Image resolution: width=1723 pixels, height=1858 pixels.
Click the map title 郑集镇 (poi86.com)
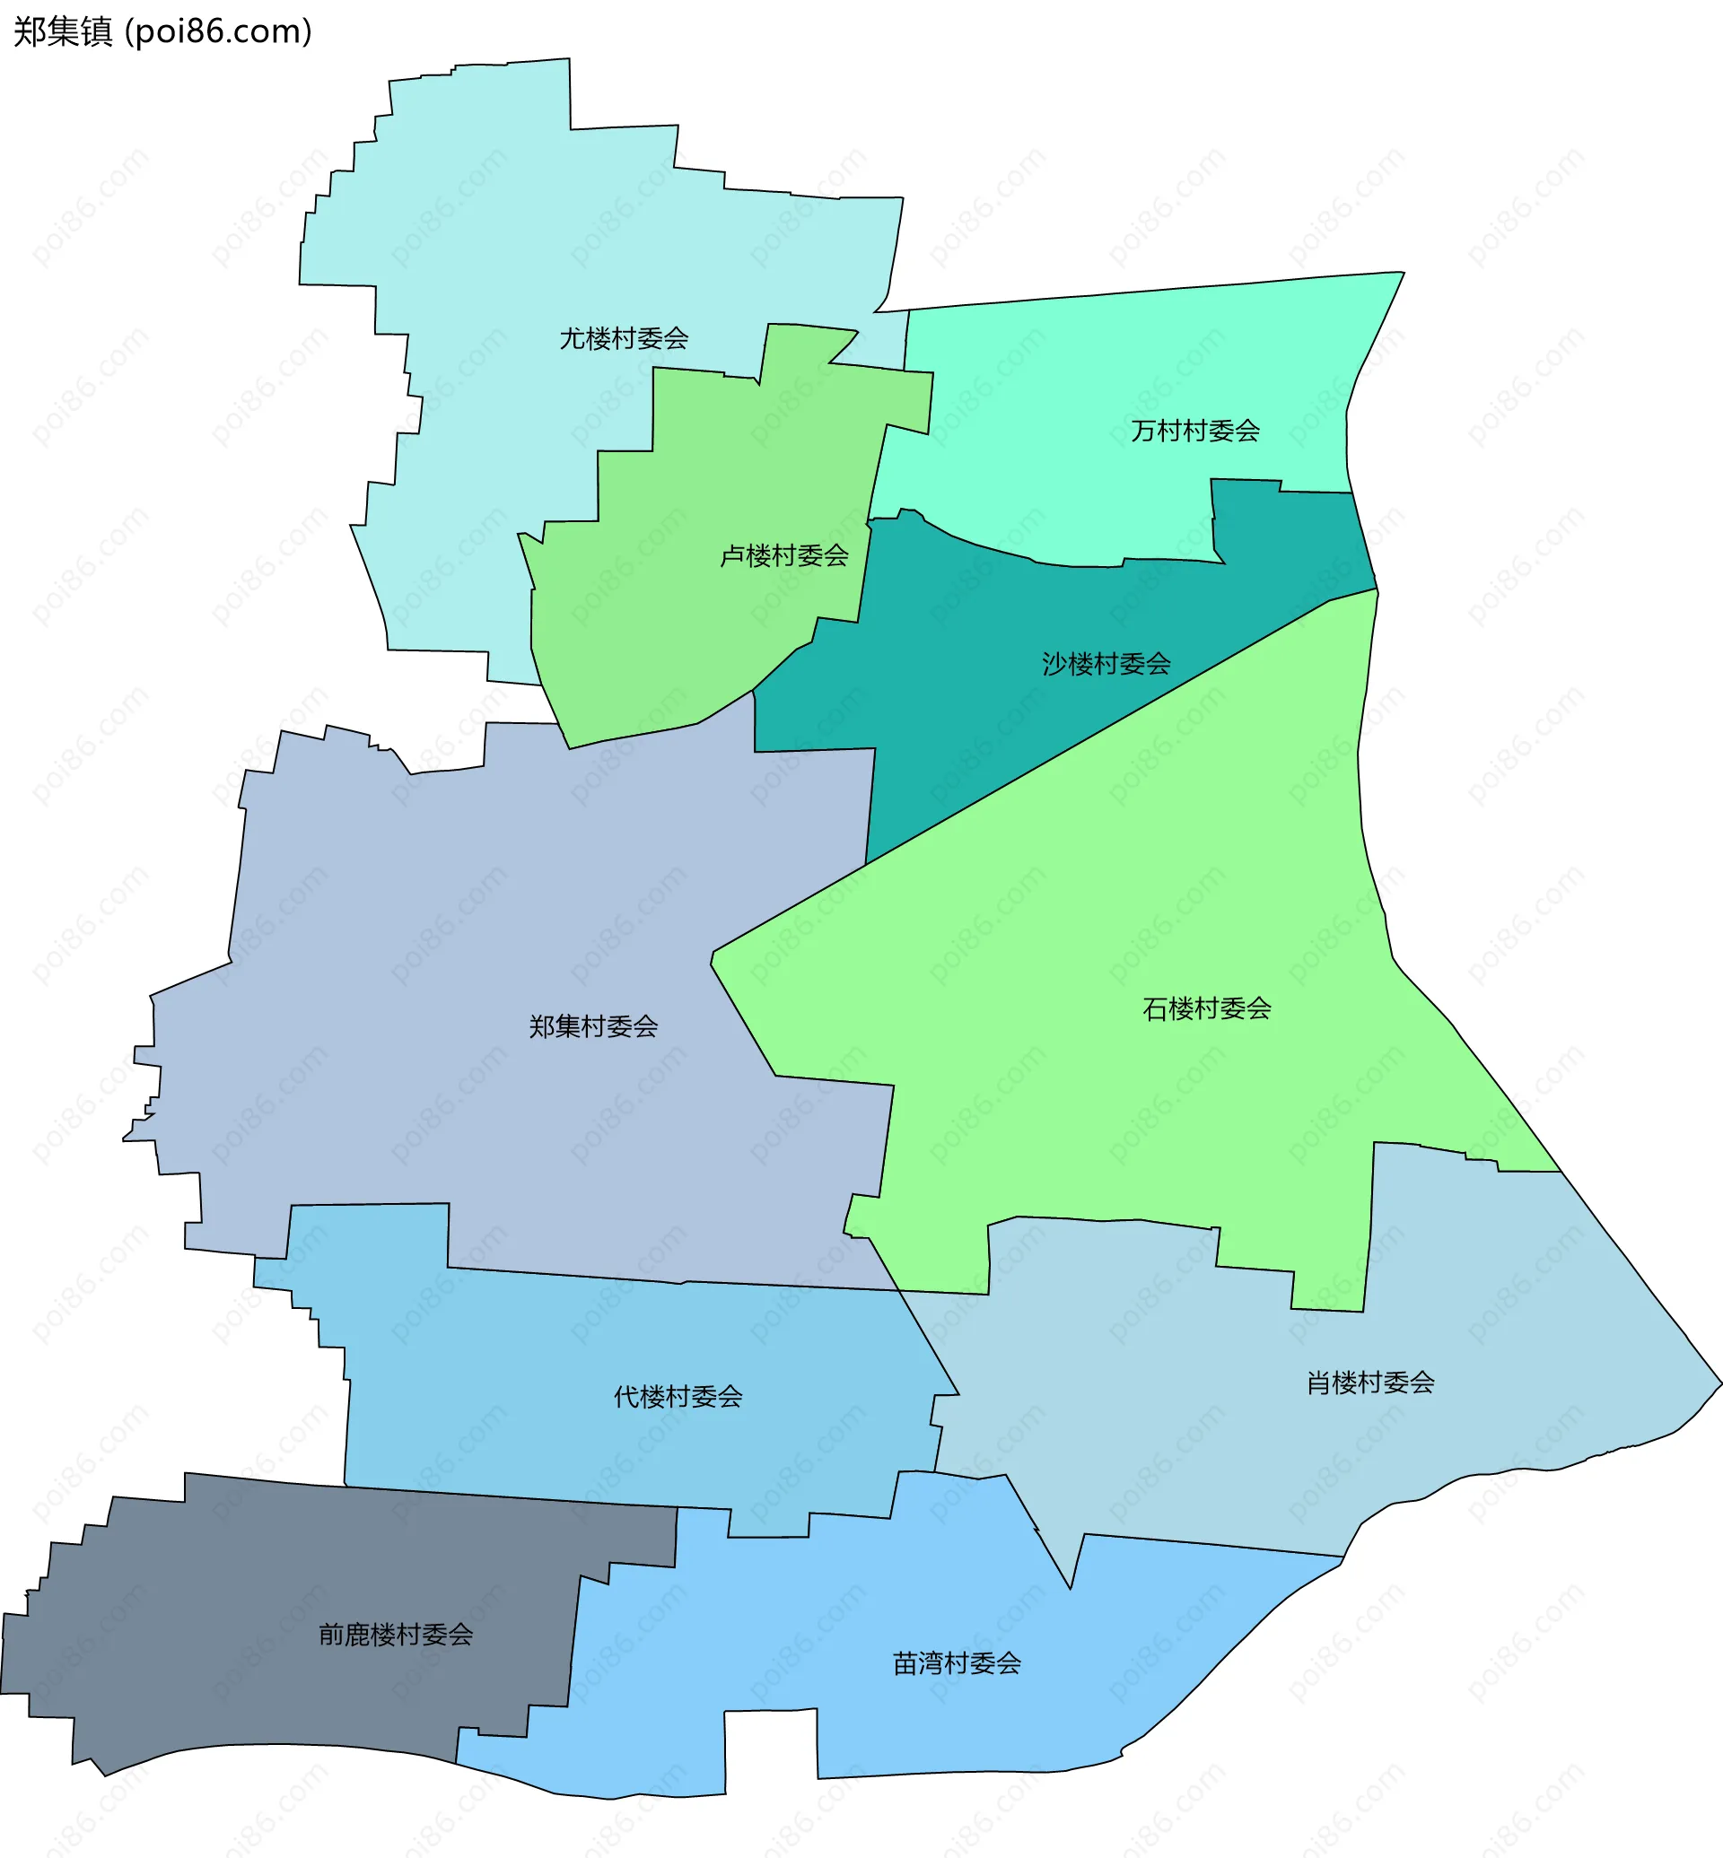tap(163, 31)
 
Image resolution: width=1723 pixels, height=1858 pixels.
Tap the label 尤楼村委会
tap(624, 338)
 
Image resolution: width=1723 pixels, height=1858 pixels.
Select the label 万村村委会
tap(1195, 431)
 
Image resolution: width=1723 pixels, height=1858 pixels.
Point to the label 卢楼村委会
tap(784, 555)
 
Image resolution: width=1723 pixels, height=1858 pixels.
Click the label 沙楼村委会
tap(1106, 664)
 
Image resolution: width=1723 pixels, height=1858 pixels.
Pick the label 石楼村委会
tap(1206, 1008)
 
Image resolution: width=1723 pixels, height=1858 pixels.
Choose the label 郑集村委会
tap(593, 1026)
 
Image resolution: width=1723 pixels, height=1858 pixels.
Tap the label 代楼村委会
tap(678, 1397)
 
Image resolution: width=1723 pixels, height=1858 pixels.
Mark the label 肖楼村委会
tap(1369, 1383)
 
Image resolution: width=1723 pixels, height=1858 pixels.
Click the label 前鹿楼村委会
tap(396, 1635)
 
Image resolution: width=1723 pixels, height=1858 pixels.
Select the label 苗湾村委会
tap(957, 1663)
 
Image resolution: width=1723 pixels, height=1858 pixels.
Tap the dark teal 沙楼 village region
tap(979, 709)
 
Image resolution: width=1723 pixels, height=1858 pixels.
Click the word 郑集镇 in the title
tap(63, 31)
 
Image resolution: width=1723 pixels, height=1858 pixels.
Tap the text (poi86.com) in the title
tap(218, 31)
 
